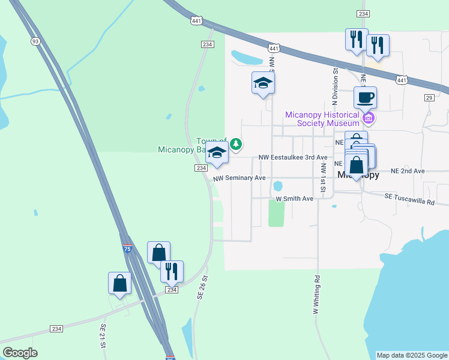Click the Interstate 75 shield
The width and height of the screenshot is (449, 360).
pyautogui.click(x=127, y=248)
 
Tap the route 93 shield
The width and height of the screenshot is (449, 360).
pyautogui.click(x=35, y=41)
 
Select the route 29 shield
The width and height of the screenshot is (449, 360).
pyautogui.click(x=429, y=97)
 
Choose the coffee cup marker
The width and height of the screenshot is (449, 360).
pyautogui.click(x=365, y=97)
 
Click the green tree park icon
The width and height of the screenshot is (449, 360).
pyautogui.click(x=237, y=144)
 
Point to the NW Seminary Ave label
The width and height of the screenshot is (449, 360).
pyautogui.click(x=238, y=178)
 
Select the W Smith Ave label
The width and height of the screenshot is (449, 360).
pyautogui.click(x=294, y=199)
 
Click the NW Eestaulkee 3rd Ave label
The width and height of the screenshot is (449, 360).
pyautogui.click(x=293, y=157)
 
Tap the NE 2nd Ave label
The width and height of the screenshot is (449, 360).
pyautogui.click(x=408, y=171)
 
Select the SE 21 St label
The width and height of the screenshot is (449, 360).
pyautogui.click(x=103, y=336)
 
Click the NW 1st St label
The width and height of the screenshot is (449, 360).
pyautogui.click(x=323, y=178)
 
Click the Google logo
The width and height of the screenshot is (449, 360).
pyautogui.click(x=20, y=353)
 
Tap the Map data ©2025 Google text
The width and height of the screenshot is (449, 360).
pyautogui.click(x=412, y=355)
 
